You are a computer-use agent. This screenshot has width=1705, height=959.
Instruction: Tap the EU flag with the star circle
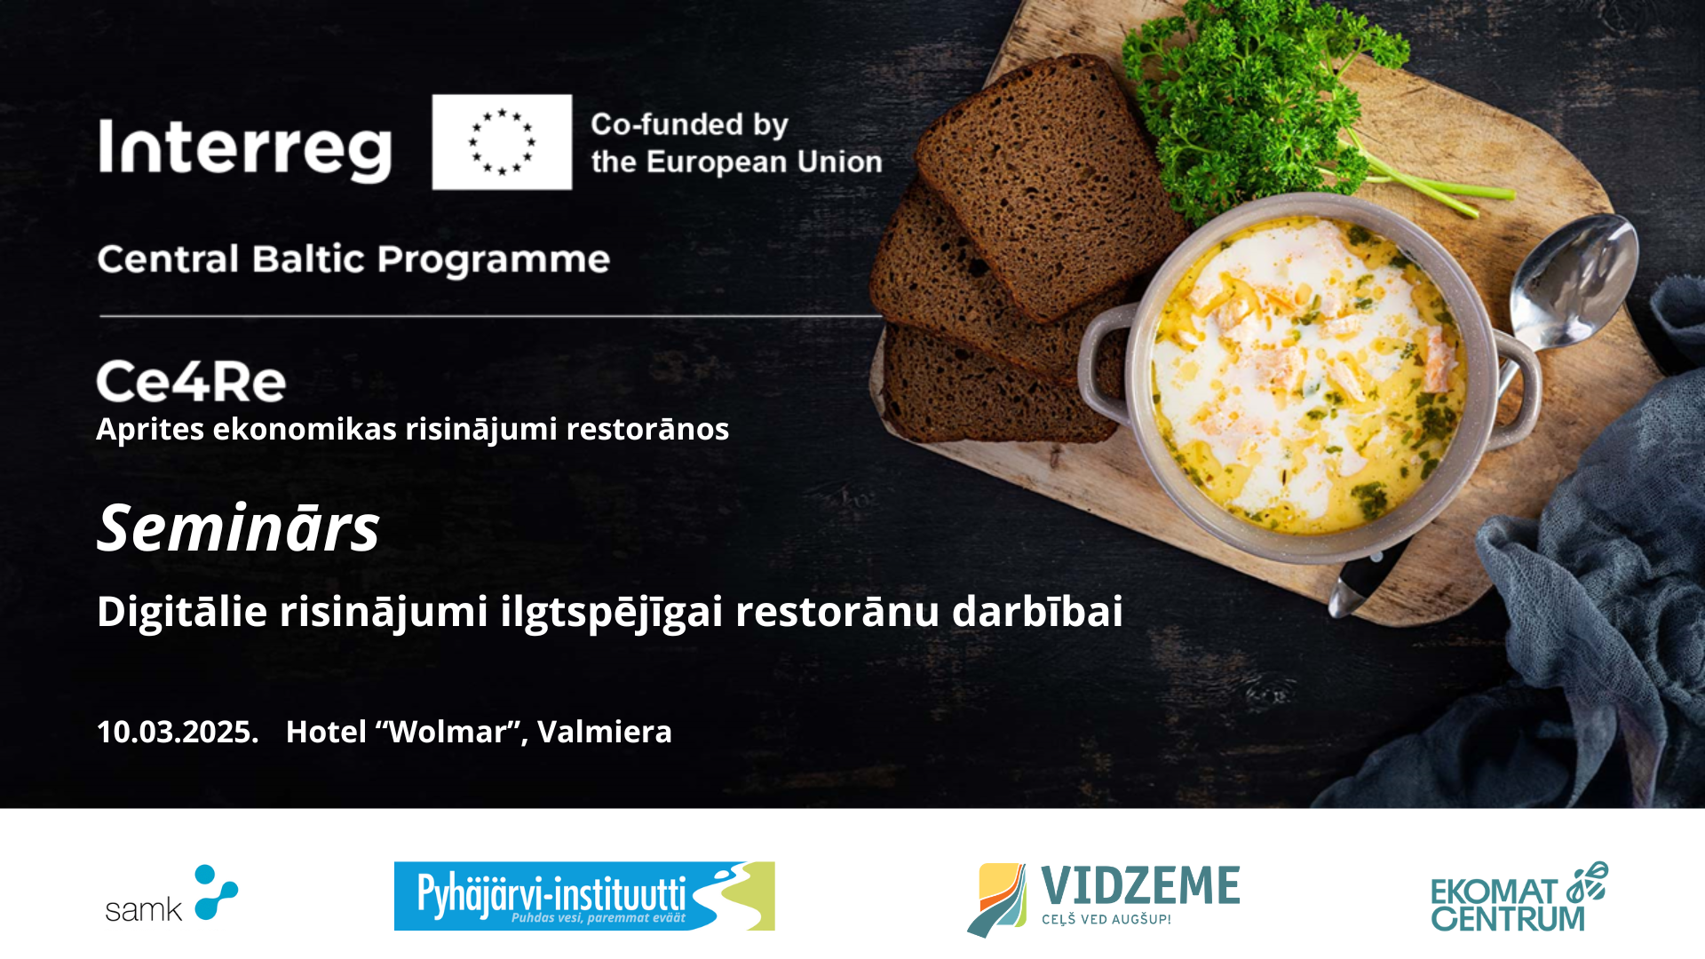[502, 142]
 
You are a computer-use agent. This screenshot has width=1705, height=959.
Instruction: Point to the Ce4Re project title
[191, 382]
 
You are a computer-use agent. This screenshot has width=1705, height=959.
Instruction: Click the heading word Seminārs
[238, 528]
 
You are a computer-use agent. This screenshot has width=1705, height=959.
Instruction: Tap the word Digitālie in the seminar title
[182, 611]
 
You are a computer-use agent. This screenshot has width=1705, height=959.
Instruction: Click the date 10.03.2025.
[178, 732]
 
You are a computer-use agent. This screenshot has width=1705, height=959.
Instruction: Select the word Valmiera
[605, 732]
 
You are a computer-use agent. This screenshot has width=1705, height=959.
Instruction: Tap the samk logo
[171, 894]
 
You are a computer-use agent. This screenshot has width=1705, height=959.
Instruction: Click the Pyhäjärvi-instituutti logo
[584, 896]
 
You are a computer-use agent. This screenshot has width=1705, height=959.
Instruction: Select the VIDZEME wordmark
[1140, 885]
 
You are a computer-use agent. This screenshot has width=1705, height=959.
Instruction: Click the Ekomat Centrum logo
[1519, 897]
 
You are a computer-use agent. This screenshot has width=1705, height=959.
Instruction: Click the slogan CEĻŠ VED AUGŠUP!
[1106, 920]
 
